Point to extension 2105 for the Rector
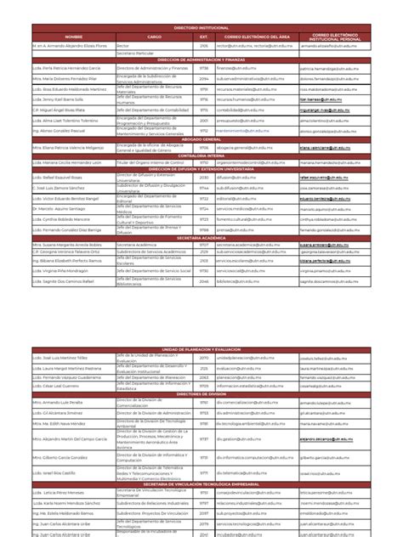coord(203,47)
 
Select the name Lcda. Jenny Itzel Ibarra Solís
coord(64,99)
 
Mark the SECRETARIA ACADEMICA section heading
coord(201,240)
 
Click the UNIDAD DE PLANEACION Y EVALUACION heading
coord(201,325)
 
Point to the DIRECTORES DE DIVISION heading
coord(201,370)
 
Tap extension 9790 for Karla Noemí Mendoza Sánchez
coord(203,503)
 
